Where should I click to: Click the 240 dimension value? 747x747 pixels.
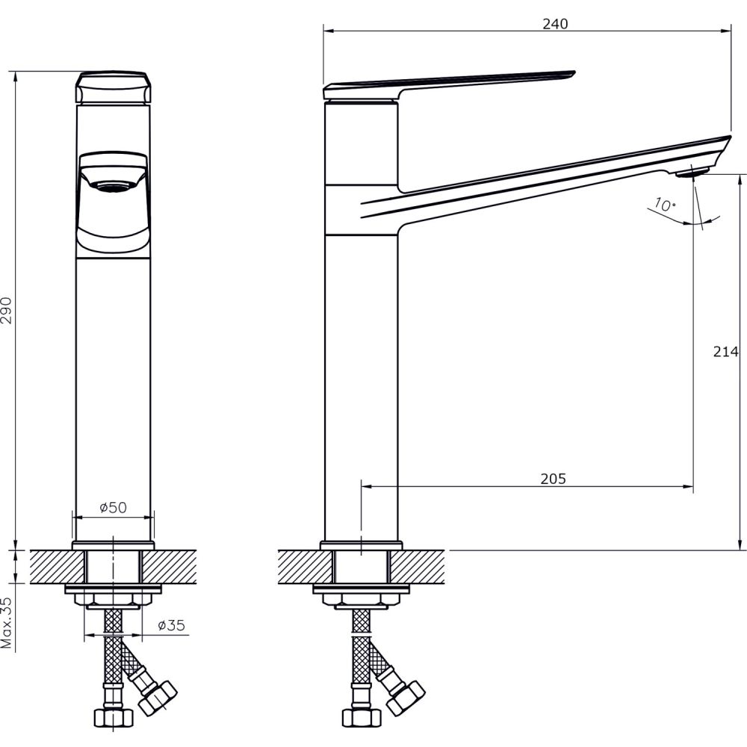555,23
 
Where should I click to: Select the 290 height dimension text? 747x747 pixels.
7,309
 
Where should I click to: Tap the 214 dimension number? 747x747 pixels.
725,353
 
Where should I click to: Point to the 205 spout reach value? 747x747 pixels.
554,479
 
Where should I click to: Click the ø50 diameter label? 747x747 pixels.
114,507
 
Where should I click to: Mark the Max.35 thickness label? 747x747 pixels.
7,622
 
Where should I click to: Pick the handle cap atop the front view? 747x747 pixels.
114,88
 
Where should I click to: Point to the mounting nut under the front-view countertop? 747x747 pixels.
113,601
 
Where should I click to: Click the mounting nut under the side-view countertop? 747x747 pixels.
361,601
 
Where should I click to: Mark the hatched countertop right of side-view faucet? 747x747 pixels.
421,567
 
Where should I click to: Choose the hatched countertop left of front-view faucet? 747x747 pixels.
52,567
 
